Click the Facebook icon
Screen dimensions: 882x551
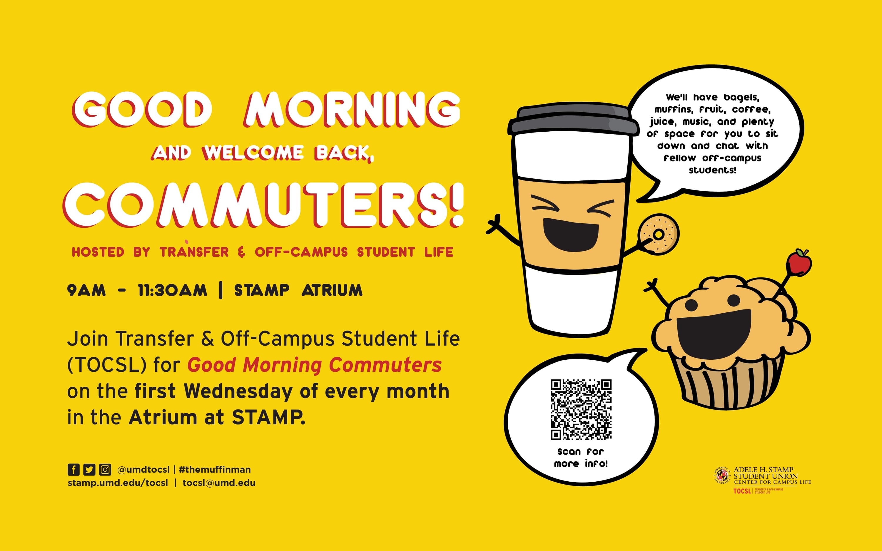tap(73, 470)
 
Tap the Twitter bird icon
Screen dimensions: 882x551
tap(89, 470)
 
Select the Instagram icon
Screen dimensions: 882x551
tap(105, 470)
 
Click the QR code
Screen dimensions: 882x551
tap(581, 410)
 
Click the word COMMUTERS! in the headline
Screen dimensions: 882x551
tap(263, 205)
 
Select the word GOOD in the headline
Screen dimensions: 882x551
tap(142, 109)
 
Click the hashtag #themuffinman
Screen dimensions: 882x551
tap(215, 470)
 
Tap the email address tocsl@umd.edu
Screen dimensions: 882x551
tap(219, 483)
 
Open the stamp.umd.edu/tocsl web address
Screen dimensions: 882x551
tap(118, 483)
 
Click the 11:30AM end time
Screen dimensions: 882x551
tap(172, 290)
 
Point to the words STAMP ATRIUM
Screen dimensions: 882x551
tap(298, 290)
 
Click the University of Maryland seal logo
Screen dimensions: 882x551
tap(722, 475)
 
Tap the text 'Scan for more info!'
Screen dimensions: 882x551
tap(581, 458)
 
